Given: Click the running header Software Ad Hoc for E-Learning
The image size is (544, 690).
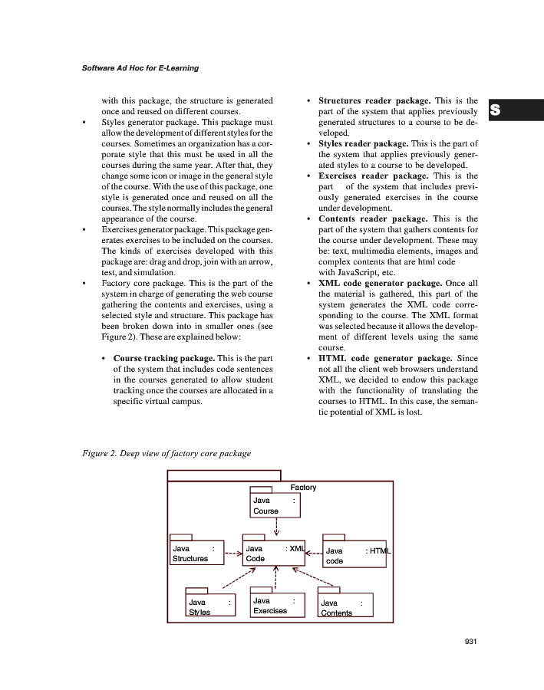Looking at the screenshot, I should point(140,68).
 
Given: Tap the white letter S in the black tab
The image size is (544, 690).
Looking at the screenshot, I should point(496,110).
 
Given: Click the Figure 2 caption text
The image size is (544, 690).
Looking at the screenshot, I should point(166,453).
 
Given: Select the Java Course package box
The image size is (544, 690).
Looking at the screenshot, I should point(275,505).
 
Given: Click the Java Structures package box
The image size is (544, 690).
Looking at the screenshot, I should point(196,554).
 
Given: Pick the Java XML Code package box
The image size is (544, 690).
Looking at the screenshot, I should point(273,554).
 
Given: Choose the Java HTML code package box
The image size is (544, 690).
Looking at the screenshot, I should point(354,554).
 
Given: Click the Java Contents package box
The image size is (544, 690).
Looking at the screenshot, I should point(345,606).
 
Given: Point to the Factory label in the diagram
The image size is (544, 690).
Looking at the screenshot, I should point(303,487).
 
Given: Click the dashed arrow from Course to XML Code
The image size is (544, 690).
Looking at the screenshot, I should point(275,530).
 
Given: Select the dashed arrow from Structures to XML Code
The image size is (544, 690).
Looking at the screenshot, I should point(232,551).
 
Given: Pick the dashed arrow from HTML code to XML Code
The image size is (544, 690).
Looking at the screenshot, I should point(315,551).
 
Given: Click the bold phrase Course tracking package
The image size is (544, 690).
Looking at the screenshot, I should point(164,358).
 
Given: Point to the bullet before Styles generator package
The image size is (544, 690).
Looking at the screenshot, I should point(84,122).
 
